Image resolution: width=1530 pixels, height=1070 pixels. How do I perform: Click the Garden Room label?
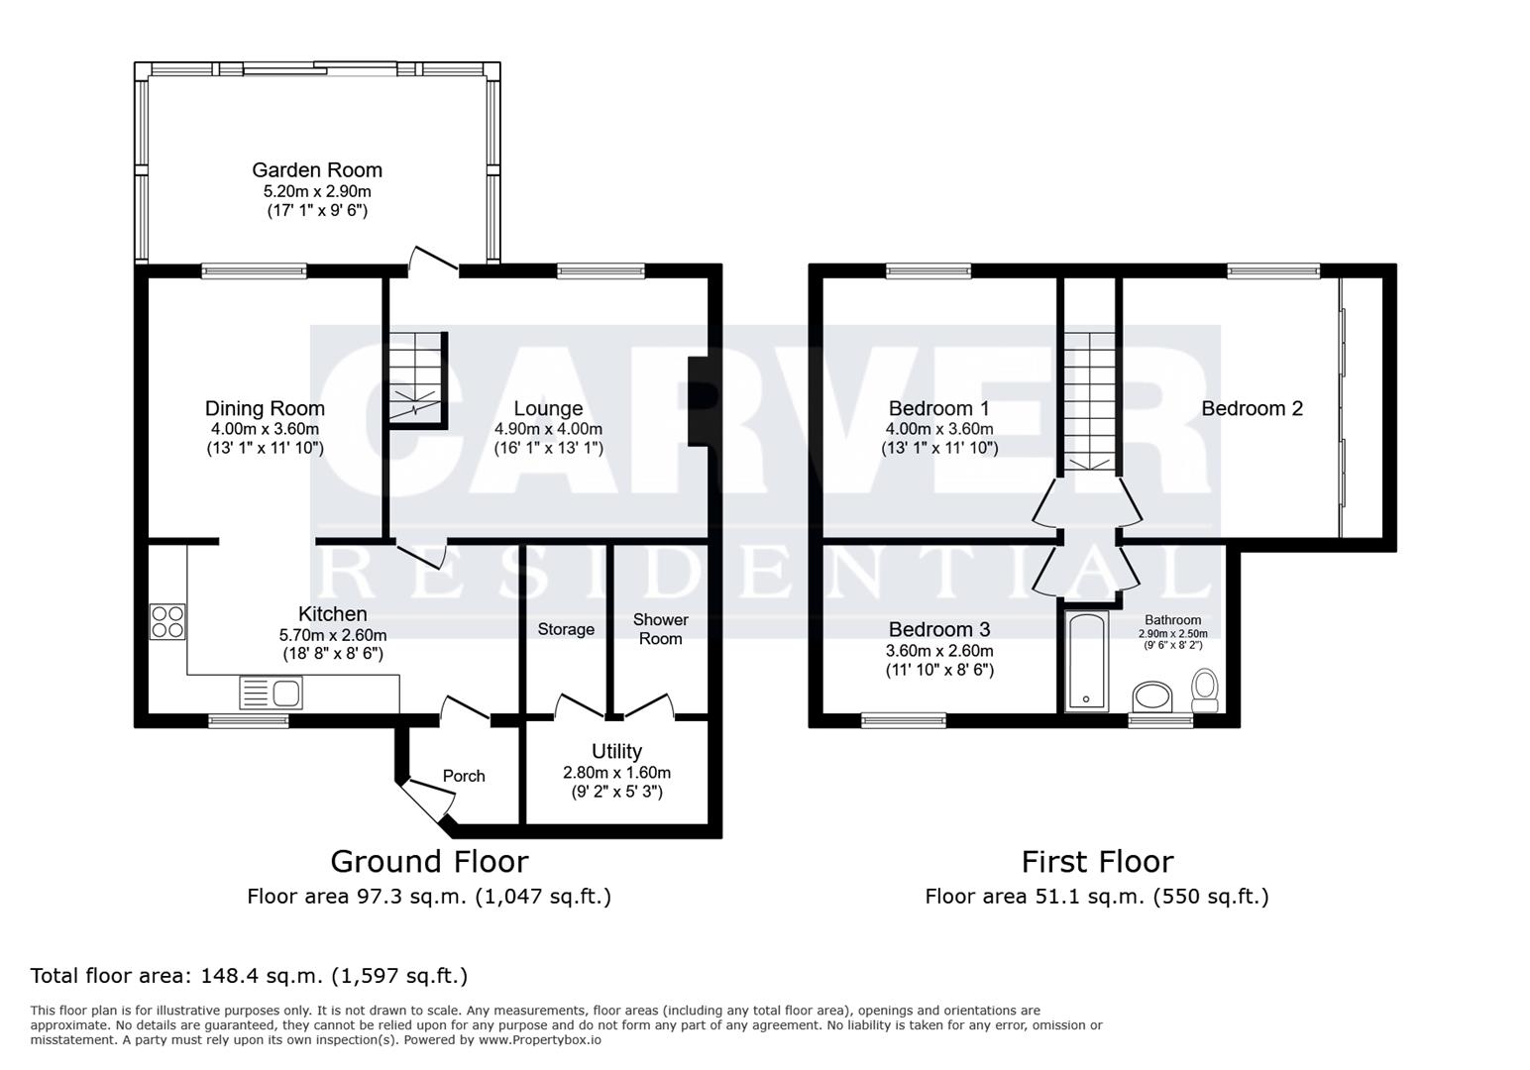point(317,169)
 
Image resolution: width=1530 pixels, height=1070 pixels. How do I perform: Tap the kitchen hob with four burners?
point(167,622)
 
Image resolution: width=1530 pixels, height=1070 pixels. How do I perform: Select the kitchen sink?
point(272,694)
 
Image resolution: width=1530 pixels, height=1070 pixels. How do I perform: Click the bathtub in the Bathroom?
point(1086,661)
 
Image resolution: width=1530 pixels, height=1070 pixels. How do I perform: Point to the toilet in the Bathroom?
point(1205,691)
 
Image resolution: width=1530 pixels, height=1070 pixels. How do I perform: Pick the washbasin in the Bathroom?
point(1152,696)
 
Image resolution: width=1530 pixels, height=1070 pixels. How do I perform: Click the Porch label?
point(464,776)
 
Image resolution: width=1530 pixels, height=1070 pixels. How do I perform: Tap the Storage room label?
point(566,629)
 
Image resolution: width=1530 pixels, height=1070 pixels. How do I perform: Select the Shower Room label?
point(660,629)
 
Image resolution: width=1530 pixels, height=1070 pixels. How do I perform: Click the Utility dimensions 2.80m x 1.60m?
point(616,773)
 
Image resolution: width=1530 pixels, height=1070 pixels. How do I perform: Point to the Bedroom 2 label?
point(1252,408)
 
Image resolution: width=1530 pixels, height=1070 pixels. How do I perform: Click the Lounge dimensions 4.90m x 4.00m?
point(548,429)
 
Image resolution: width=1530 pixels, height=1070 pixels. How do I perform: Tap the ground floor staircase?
point(417,380)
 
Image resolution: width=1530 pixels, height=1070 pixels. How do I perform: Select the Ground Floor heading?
point(430,862)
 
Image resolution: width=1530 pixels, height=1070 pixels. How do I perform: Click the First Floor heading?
point(1097,862)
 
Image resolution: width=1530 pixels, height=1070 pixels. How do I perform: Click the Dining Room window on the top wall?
point(254,271)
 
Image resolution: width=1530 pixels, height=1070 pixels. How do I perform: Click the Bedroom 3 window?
point(904,720)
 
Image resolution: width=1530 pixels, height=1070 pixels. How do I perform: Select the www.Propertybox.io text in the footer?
point(540,1040)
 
